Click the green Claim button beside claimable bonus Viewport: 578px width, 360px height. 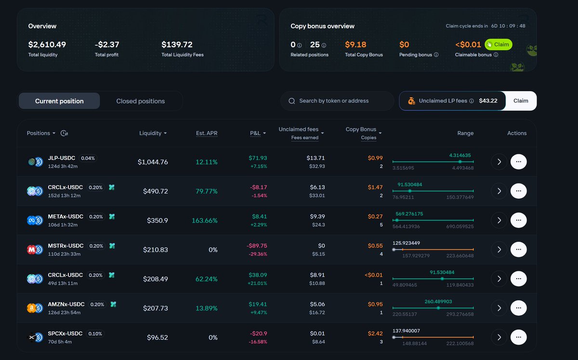pyautogui.click(x=498, y=44)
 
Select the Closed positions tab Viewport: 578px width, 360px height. pyautogui.click(x=140, y=101)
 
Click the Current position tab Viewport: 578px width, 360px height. pyautogui.click(x=59, y=101)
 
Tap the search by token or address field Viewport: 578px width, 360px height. pyautogui.click(x=337, y=101)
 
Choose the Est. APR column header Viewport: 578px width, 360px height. pyautogui.click(x=207, y=133)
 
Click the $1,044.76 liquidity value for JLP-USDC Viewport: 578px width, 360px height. pyautogui.click(x=153, y=162)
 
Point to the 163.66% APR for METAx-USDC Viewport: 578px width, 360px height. pyautogui.click(x=205, y=220)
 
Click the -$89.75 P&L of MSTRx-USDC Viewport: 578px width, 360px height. pyautogui.click(x=257, y=246)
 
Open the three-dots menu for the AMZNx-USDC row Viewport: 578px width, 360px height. pyautogui.click(x=518, y=308)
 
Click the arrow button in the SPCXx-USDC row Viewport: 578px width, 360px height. pyautogui.click(x=499, y=337)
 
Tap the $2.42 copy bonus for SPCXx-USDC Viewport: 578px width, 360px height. pyautogui.click(x=375, y=333)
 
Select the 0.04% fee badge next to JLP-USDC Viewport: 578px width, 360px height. pyautogui.click(x=88, y=158)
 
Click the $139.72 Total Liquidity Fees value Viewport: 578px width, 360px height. pyautogui.click(x=177, y=44)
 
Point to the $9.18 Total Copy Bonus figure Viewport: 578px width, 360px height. pyautogui.click(x=355, y=44)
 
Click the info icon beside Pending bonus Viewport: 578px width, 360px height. pyautogui.click(x=436, y=54)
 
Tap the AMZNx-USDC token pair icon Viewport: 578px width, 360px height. pyautogui.click(x=35, y=308)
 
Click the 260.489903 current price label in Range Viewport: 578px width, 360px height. pyautogui.click(x=438, y=301)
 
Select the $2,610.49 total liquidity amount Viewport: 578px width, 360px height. pyautogui.click(x=47, y=44)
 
